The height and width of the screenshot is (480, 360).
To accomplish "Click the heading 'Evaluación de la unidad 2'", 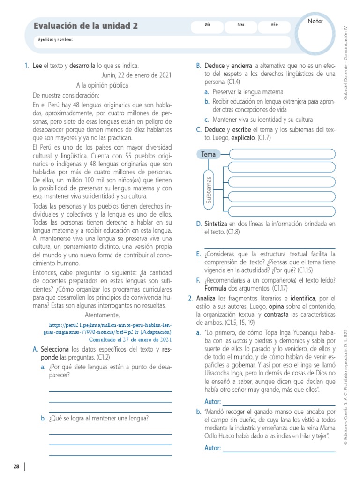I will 85,26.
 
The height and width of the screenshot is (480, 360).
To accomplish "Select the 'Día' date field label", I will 207,24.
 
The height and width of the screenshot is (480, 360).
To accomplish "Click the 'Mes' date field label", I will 241,24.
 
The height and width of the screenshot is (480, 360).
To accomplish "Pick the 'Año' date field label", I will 274,24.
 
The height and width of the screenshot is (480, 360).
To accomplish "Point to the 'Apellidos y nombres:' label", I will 55,39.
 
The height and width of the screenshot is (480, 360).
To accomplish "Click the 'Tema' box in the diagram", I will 209,154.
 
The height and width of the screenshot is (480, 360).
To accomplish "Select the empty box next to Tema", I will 283,154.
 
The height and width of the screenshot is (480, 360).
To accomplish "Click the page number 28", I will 16,466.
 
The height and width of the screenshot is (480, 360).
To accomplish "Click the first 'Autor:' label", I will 213,402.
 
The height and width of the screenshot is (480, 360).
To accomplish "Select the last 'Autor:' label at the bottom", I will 213,448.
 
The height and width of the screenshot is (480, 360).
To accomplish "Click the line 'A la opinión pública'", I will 102,85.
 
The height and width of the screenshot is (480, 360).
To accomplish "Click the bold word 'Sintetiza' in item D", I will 216,224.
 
